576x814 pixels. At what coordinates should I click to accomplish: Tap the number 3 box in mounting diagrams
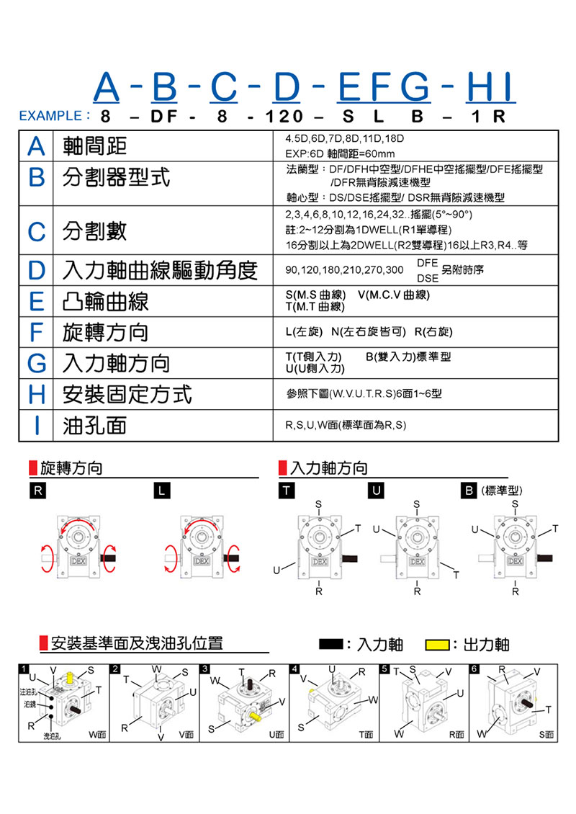206,668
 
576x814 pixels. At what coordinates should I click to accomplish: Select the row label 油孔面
94,425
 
